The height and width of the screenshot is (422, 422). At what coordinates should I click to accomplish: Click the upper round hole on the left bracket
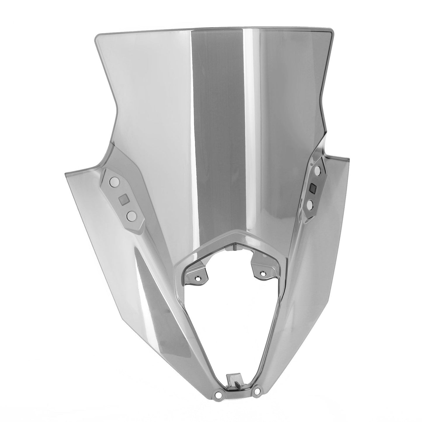pos(114,183)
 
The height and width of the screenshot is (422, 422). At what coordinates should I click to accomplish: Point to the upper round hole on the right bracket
pos(318,170)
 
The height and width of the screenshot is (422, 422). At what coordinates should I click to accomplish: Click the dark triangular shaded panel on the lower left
pos(155,307)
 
